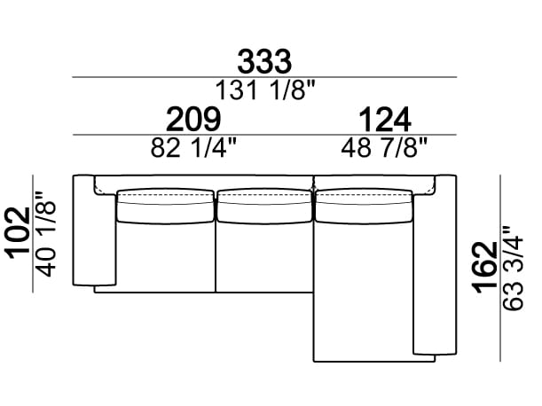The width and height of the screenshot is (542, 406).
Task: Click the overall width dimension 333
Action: [x=264, y=61]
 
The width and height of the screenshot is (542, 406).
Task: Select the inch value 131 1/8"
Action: [x=265, y=90]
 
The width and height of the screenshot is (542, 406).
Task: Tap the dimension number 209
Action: [x=193, y=119]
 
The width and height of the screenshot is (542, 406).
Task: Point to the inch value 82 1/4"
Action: [x=193, y=147]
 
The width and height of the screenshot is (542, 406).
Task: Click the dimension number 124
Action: [x=385, y=119]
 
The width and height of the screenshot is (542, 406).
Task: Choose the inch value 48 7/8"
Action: [x=384, y=147]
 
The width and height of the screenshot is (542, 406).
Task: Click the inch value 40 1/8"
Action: [x=46, y=234]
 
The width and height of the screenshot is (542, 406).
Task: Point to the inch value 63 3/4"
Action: [x=514, y=268]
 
